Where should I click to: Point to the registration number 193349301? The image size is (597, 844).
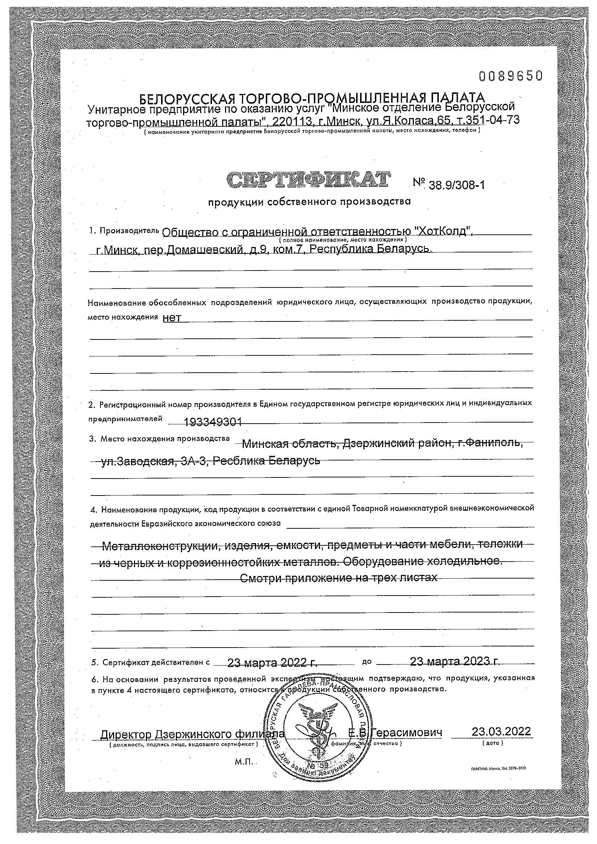coord(213,423)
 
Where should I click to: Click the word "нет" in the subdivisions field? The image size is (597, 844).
coord(172,318)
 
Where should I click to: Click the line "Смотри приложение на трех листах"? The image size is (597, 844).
coord(338,578)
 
